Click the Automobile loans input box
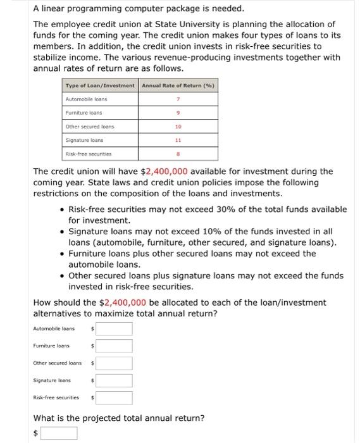pyautogui.click(x=115, y=329)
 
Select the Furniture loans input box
pyautogui.click(x=115, y=346)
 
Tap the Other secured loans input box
pyautogui.click(x=115, y=363)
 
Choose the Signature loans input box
pyautogui.click(x=115, y=380)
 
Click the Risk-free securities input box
pyautogui.click(x=115, y=397)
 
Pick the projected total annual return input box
pyautogui.click(x=59, y=433)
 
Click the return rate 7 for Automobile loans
pyautogui.click(x=178, y=99)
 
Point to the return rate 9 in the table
pyautogui.click(x=178, y=113)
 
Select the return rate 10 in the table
pyautogui.click(x=178, y=127)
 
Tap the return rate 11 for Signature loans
pyautogui.click(x=178, y=140)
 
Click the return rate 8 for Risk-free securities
pyautogui.click(x=178, y=154)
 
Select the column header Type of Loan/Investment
pyautogui.click(x=100, y=85)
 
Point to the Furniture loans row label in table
pyautogui.click(x=80, y=113)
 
